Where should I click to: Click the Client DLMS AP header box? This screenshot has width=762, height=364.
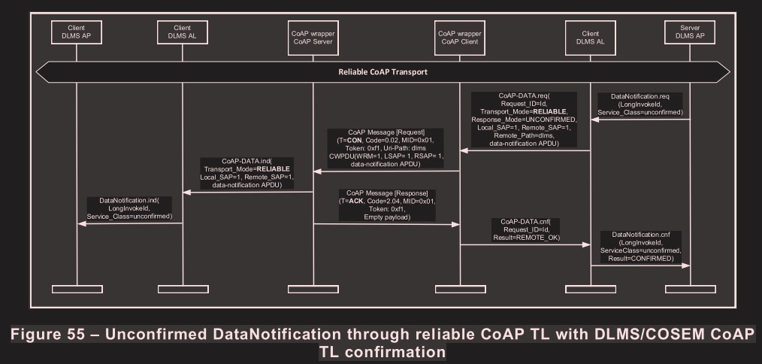coord(77,32)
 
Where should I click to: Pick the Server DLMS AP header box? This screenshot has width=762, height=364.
coord(691,32)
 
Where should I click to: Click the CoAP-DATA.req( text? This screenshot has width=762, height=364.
coord(524,96)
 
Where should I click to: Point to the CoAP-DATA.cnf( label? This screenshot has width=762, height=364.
coord(525,221)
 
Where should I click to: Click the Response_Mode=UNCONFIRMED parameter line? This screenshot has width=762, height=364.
coord(523,119)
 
